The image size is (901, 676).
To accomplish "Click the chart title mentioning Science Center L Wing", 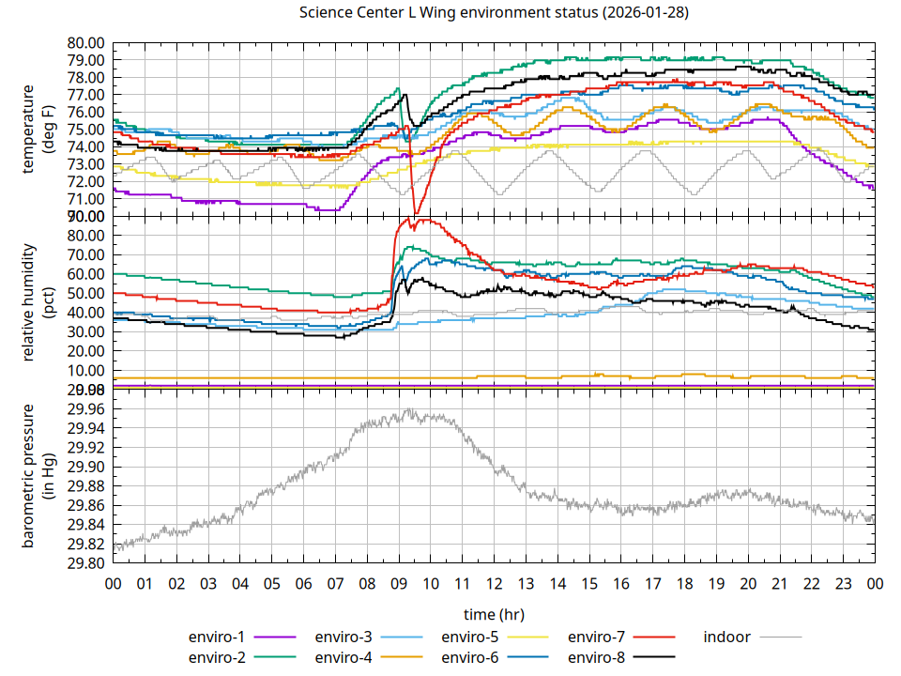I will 495,12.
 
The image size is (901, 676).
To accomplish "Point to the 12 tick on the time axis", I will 494,584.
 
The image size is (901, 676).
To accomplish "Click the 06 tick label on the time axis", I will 303,584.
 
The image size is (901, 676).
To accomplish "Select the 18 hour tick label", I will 684,584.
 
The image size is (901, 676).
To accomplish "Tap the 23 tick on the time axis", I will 843,584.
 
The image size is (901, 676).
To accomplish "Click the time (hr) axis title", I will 494,614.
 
